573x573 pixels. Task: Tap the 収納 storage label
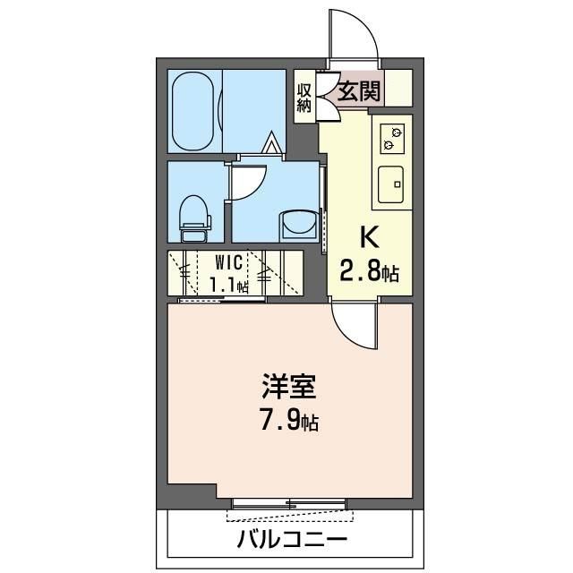point(304,95)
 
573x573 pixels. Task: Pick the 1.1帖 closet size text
point(229,286)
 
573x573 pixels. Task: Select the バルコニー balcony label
point(292,541)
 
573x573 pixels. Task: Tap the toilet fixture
point(194,218)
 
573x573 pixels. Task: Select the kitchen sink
point(392,185)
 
